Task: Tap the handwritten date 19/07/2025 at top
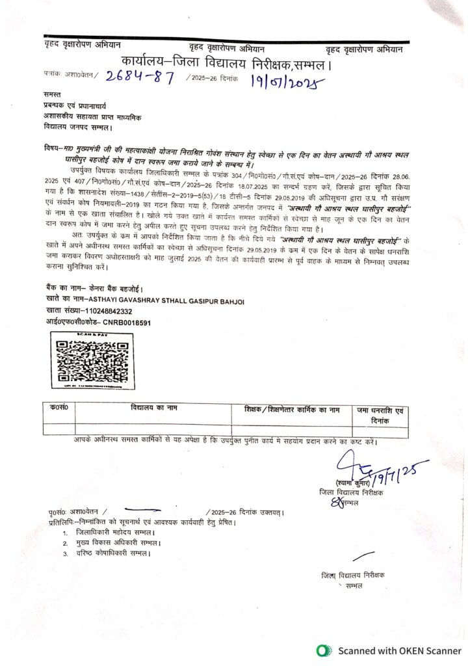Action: (x=285, y=81)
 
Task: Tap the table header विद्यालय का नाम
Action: (x=153, y=408)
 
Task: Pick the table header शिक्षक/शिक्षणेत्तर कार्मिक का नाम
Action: (x=293, y=409)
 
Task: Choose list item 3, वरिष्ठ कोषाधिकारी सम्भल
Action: (x=112, y=553)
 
